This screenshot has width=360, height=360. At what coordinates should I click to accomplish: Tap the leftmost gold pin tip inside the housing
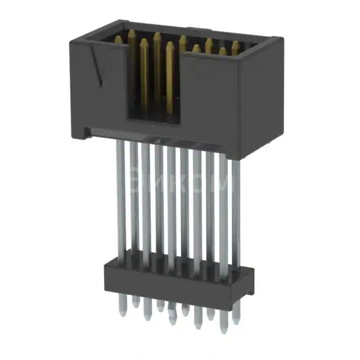pos(119,40)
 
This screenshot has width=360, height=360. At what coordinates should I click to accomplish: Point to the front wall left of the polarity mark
pos(82,90)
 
